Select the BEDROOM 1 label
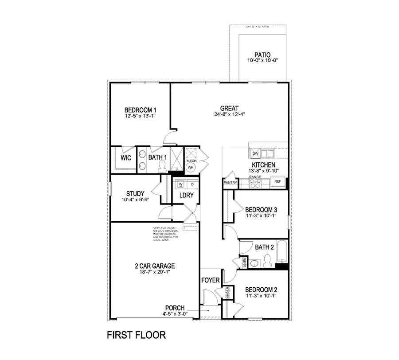pyautogui.click(x=140, y=110)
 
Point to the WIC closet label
pyautogui.click(x=125, y=157)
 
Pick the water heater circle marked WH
pyautogui.click(x=191, y=168)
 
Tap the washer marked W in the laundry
pyautogui.click(x=180, y=184)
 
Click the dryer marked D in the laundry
pyautogui.click(x=192, y=184)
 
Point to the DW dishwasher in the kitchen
pyautogui.click(x=255, y=153)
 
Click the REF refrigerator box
pyautogui.click(x=278, y=181)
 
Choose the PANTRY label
pyautogui.click(x=231, y=182)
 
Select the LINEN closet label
pyautogui.click(x=244, y=262)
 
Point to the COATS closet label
pyautogui.click(x=227, y=292)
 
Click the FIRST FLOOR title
pyautogui.click(x=136, y=335)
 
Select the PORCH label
pyautogui.click(x=175, y=308)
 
